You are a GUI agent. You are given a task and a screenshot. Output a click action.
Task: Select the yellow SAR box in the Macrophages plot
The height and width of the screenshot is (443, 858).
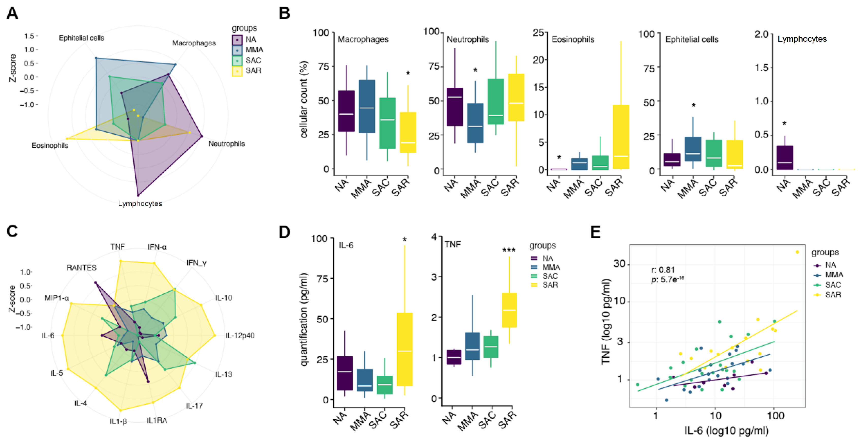coord(408,132)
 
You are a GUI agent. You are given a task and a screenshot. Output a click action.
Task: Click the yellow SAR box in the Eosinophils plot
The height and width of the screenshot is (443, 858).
coord(620,137)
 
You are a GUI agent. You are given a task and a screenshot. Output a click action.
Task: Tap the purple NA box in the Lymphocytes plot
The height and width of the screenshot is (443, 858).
coord(785,157)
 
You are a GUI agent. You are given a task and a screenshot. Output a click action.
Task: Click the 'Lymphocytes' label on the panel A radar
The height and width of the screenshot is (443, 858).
coord(140,203)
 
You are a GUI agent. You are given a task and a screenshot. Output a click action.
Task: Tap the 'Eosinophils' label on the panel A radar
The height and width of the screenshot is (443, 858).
coord(50,146)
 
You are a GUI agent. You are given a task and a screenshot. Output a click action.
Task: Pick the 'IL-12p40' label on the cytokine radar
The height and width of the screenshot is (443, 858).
coord(240,335)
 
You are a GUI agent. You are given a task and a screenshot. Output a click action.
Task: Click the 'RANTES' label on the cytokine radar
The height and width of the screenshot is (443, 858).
coord(81,268)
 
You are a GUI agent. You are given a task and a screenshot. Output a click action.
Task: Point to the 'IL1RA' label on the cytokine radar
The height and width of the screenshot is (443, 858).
coord(157,420)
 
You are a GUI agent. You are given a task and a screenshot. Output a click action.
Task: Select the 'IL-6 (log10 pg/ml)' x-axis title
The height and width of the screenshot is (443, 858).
coord(726,431)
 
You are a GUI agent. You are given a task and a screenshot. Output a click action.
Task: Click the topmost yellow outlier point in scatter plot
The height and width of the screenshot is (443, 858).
coord(797,252)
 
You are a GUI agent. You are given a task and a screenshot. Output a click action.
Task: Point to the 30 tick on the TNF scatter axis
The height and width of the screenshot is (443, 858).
coord(619,264)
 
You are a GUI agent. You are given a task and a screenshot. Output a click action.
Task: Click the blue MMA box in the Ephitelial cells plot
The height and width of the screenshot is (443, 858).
coord(693,149)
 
